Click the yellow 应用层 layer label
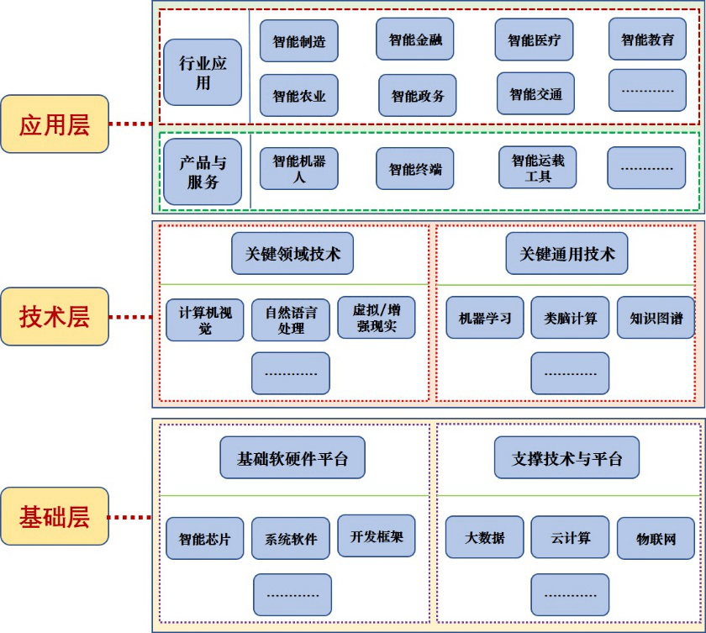pyautogui.click(x=55, y=124)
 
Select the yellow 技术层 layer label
pyautogui.click(x=55, y=317)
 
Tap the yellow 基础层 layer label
pyautogui.click(x=55, y=516)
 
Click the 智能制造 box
pyautogui.click(x=298, y=41)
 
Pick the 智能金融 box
pyautogui.click(x=415, y=40)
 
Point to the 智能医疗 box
pyautogui.click(x=534, y=40)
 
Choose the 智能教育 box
pyautogui.click(x=647, y=40)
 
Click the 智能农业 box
pyautogui.click(x=298, y=96)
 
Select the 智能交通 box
pyautogui.click(x=535, y=94)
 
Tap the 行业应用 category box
pyautogui.click(x=203, y=72)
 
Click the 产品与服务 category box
pyautogui.click(x=203, y=172)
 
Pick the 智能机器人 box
pyautogui.click(x=298, y=169)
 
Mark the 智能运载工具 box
pyautogui.click(x=537, y=168)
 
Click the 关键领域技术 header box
pyautogui.click(x=292, y=254)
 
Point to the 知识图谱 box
pyautogui.click(x=656, y=318)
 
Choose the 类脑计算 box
pyautogui.click(x=570, y=318)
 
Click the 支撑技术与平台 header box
pyautogui.click(x=566, y=459)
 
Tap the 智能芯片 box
pyautogui.click(x=204, y=538)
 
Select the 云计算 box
pyautogui.click(x=570, y=537)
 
